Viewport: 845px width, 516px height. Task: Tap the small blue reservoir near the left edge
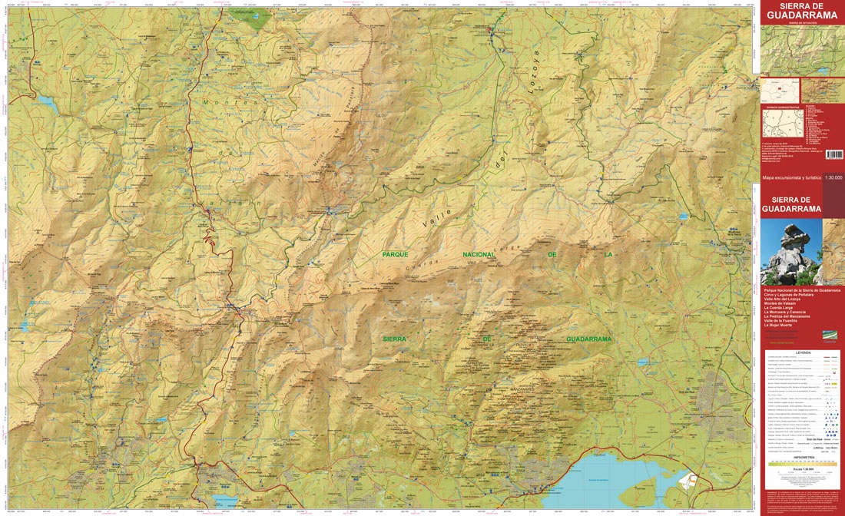pos(46,101)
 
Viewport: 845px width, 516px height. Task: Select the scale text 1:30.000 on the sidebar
pos(833,177)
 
